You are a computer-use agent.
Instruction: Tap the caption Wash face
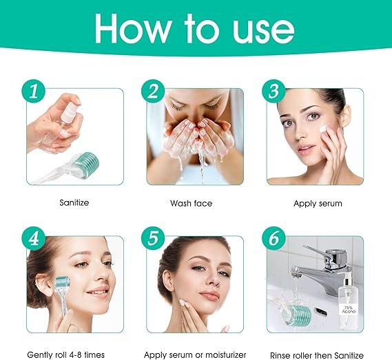(x=191, y=204)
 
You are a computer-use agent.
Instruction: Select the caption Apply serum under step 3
(x=318, y=204)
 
